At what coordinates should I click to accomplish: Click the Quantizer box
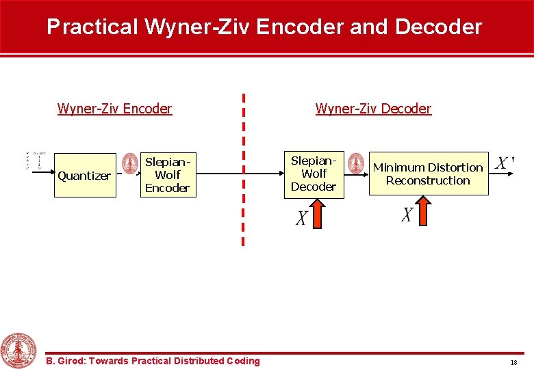point(85,175)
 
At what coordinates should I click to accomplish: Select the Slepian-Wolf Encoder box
point(168,174)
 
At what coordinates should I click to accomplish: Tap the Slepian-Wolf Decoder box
point(314,173)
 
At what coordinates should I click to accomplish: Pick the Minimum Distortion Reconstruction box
point(429,174)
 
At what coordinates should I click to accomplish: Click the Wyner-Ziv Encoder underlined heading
point(114,109)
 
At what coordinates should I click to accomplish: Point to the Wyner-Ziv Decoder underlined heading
point(373,109)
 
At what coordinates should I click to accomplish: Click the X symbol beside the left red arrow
point(301,218)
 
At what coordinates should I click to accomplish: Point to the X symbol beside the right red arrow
point(407,215)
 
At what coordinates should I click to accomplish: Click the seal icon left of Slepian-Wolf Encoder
point(130,163)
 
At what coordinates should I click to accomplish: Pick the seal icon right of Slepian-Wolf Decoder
point(355,163)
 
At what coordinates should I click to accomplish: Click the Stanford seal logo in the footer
point(18,350)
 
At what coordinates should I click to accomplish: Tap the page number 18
point(513,362)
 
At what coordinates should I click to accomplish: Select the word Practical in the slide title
point(92,27)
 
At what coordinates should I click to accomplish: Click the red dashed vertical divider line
point(243,171)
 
